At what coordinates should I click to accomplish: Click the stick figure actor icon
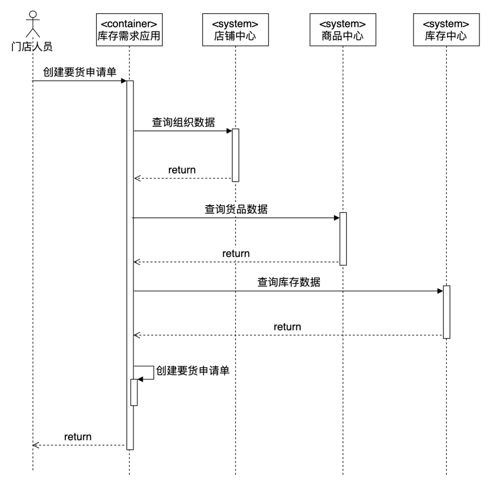[x=32, y=24]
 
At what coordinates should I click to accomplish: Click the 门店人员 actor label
[x=32, y=47]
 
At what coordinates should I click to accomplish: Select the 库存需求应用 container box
[x=129, y=30]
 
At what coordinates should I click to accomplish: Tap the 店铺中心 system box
[x=235, y=30]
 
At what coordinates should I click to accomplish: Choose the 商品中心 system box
[x=342, y=30]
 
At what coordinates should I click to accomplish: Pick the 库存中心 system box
[x=446, y=30]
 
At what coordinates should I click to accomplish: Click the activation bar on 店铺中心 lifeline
[x=235, y=155]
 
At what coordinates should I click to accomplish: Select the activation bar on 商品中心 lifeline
[x=343, y=239]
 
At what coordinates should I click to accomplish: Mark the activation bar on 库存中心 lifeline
[x=446, y=312]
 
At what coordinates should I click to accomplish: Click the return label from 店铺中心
[x=182, y=170]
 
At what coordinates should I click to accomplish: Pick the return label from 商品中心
[x=236, y=253]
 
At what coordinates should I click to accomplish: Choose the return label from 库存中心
[x=287, y=326]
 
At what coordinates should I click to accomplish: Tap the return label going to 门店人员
[x=78, y=436]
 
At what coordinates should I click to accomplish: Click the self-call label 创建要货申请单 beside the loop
[x=192, y=371]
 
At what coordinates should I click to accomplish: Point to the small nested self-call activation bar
[x=134, y=392]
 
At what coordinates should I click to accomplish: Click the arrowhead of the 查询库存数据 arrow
[x=440, y=291]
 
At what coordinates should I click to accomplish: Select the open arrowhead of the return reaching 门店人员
[x=36, y=445]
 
